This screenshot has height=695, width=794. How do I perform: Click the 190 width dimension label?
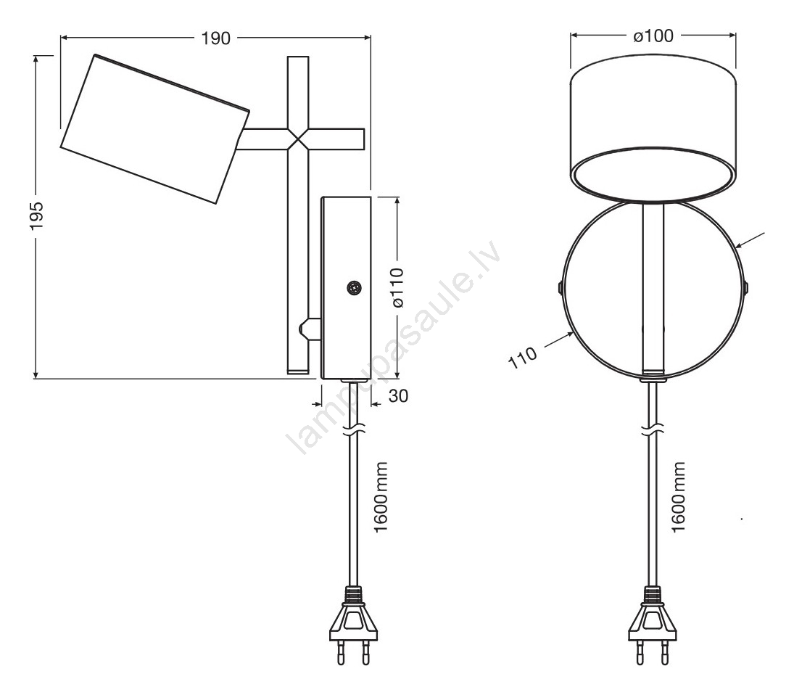click(215, 38)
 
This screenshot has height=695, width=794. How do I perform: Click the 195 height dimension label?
click(37, 216)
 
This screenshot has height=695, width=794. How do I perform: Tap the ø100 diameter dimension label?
click(653, 36)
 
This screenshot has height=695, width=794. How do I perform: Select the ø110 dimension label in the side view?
click(399, 287)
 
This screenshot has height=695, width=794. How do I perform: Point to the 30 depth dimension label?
click(398, 396)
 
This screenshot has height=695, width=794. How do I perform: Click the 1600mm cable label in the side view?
click(380, 497)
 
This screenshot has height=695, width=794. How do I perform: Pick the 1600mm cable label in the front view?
click(678, 497)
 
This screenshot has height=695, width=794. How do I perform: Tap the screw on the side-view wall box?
click(354, 288)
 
